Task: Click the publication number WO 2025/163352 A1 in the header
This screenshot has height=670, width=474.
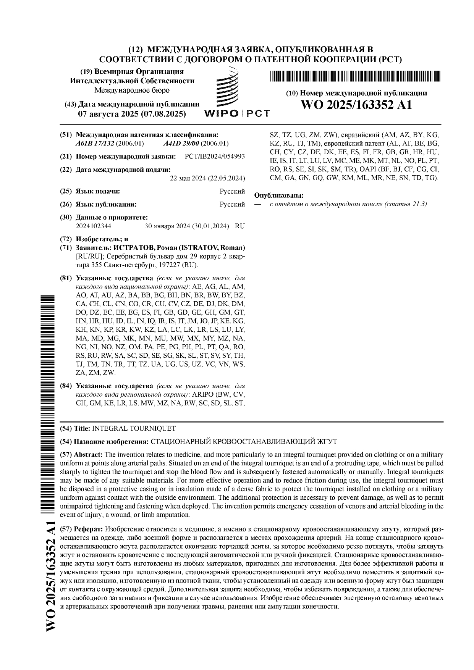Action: (x=357, y=105)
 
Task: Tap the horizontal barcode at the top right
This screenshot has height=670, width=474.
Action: (x=356, y=76)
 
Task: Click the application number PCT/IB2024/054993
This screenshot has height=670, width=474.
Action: (x=214, y=157)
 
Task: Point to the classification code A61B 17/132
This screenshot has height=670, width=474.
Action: (x=95, y=144)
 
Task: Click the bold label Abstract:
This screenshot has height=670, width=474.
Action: (x=88, y=454)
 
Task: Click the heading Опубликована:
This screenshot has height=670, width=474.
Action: (x=279, y=195)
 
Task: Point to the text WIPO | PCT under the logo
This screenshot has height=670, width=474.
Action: (x=237, y=113)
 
